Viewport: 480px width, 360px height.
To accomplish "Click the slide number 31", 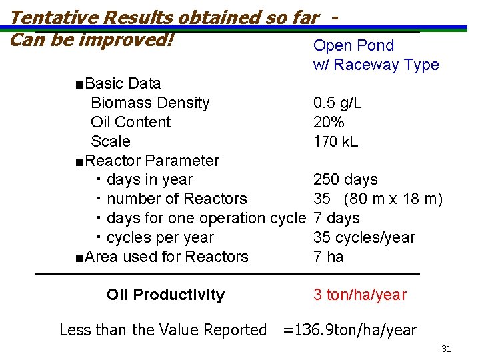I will (x=446, y=349).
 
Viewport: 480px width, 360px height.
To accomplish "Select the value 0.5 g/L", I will (x=337, y=103).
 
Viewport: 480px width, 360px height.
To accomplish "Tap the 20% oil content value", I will (x=329, y=122).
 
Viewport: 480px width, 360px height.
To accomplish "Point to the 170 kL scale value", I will (x=335, y=141).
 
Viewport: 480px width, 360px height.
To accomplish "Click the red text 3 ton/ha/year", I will (x=359, y=295).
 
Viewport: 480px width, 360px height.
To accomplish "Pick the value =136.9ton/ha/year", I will (x=350, y=330).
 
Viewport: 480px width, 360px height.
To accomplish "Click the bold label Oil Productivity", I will (x=165, y=295).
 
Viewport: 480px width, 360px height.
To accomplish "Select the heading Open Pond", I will (x=353, y=45).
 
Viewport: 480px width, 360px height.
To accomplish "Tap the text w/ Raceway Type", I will (x=376, y=65).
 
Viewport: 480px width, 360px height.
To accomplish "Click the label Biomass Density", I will (x=150, y=103).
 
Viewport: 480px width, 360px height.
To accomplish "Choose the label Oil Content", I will (x=131, y=122).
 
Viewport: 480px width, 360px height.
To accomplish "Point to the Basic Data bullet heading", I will (x=119, y=83).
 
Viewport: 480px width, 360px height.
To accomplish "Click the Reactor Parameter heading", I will (x=147, y=161).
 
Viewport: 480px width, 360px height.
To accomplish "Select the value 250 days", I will (x=345, y=180).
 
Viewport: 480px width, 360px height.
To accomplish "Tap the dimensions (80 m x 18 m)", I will (x=393, y=199).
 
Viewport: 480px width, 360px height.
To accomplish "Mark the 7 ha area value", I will (x=328, y=257).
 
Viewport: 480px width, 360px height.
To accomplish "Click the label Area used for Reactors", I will (x=163, y=257).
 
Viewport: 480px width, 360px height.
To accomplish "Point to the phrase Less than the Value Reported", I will (x=163, y=330).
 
